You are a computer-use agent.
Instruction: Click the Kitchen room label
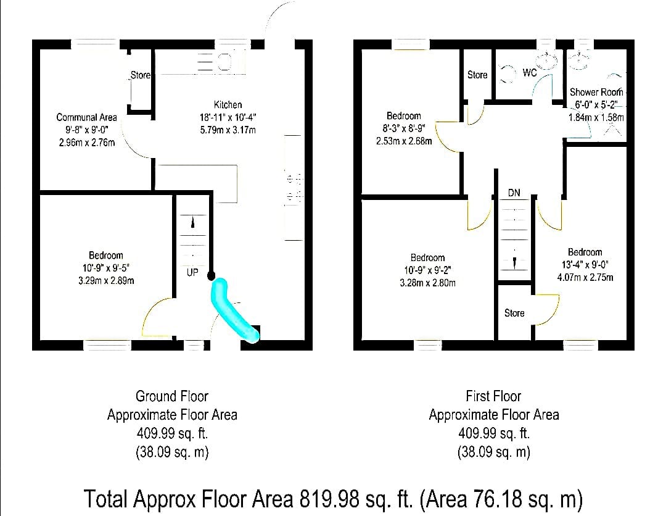click(228, 104)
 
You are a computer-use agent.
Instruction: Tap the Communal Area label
click(87, 117)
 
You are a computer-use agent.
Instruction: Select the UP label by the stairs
click(192, 272)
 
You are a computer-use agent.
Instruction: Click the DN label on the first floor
click(514, 193)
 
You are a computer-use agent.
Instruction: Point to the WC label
click(530, 73)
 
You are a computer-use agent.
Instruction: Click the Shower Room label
click(596, 92)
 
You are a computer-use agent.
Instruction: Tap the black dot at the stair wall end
click(211, 276)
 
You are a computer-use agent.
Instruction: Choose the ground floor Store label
click(140, 75)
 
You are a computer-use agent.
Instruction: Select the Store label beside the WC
click(477, 75)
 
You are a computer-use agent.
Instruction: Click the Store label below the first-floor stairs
click(514, 314)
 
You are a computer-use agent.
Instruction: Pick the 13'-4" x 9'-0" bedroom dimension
click(585, 264)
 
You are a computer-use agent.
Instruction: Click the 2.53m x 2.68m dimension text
click(404, 141)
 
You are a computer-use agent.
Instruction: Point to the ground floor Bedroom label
click(106, 255)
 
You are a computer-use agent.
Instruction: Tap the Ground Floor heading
click(172, 396)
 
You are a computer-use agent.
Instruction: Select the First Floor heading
click(493, 396)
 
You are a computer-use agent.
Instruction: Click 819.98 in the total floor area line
click(329, 499)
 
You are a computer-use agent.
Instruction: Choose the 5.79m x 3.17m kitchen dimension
click(228, 130)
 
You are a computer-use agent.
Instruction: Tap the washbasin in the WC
click(546, 61)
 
